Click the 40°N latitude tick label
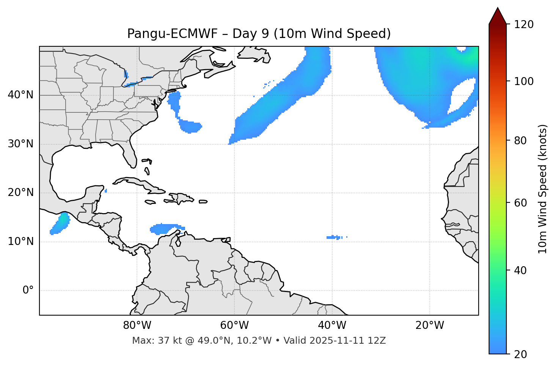click(x=20, y=95)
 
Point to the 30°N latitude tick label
click(x=20, y=144)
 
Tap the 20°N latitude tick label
click(x=20, y=193)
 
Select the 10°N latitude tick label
click(x=20, y=242)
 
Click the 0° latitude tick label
click(x=28, y=291)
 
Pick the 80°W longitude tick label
click(x=137, y=325)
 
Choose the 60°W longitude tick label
click(x=234, y=325)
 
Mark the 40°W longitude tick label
click(x=332, y=325)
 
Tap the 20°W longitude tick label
click(x=430, y=325)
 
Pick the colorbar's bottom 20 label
click(x=520, y=354)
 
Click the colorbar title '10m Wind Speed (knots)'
click(x=543, y=189)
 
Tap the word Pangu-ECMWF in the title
click(x=172, y=34)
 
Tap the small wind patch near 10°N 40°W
click(x=335, y=237)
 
